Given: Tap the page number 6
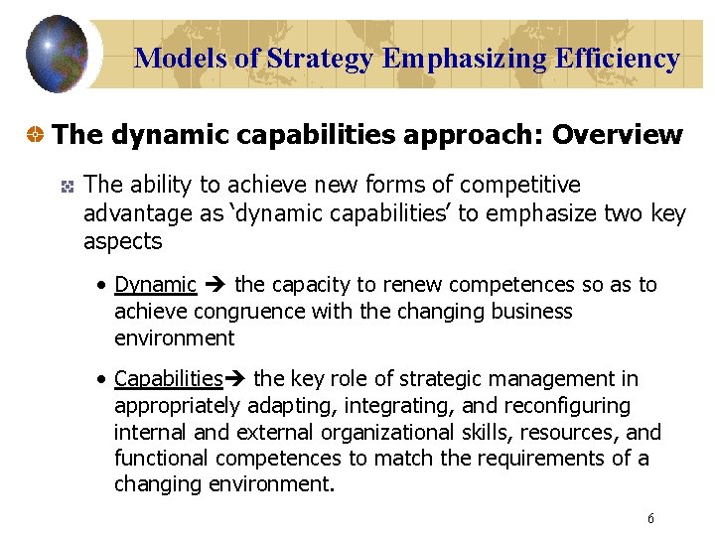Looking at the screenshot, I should coord(650,518).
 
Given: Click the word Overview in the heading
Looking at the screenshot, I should coord(618,134).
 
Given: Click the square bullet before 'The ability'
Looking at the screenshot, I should coord(67,186).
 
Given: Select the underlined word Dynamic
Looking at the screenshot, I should coord(156,285).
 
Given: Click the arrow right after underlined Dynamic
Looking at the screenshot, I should coord(215,286).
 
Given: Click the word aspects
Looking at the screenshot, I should coord(122,240).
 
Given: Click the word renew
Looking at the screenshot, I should coord(387,285).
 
